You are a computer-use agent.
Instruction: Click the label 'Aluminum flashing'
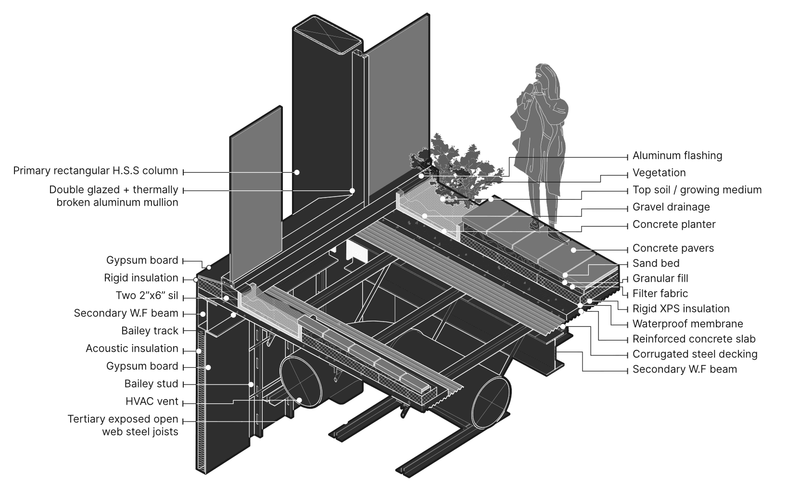[677, 155]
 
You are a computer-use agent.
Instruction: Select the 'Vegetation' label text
[659, 173]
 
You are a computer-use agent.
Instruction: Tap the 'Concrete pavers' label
[673, 248]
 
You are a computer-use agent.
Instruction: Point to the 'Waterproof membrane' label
[687, 324]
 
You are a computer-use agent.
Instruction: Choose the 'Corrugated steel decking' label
[695, 354]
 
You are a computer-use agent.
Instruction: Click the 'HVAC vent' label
[152, 401]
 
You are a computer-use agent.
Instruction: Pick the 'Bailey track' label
[150, 331]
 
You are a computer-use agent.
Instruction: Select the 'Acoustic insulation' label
[132, 349]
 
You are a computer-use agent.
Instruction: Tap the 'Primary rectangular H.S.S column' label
[95, 171]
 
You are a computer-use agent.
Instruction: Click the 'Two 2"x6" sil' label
[147, 295]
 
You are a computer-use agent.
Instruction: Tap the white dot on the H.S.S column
[297, 172]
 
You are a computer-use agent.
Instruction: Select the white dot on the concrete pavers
[573, 250]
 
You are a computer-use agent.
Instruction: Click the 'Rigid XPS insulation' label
[681, 309]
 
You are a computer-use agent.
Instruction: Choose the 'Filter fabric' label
[660, 293]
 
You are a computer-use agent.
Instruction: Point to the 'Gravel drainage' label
[671, 207]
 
